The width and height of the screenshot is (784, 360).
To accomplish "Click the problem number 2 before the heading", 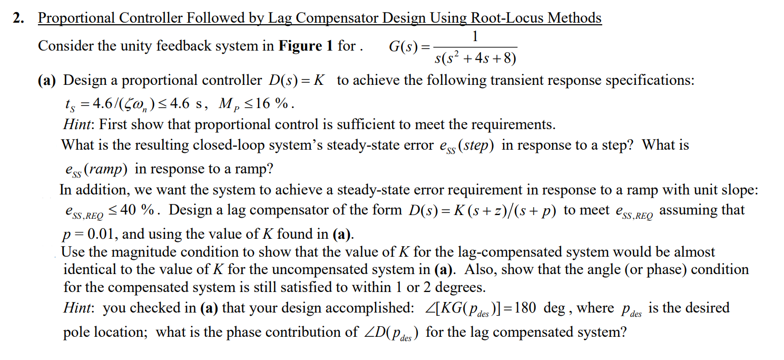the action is [x=18, y=18].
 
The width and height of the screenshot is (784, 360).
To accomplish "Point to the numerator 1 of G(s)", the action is [x=475, y=36].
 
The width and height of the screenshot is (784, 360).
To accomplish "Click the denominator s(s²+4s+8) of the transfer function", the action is [x=475, y=57].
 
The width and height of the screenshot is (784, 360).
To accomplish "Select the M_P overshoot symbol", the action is [x=226, y=103].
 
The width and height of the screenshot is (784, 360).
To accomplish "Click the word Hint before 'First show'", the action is [x=77, y=124].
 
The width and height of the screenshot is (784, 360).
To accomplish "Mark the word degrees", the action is [x=457, y=287].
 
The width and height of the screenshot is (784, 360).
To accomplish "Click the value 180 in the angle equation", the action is [x=525, y=308].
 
